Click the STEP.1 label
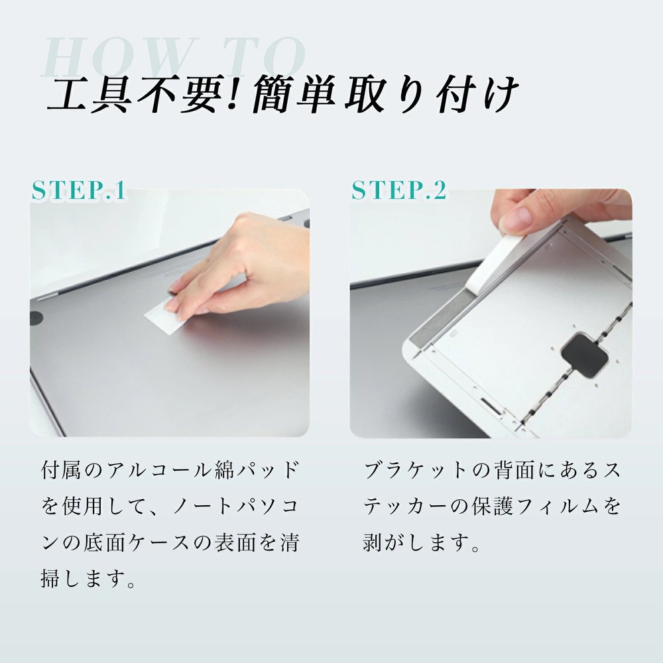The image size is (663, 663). coord(78,191)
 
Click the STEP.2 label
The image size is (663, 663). coord(398,191)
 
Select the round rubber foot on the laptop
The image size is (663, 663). coord(36,318)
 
